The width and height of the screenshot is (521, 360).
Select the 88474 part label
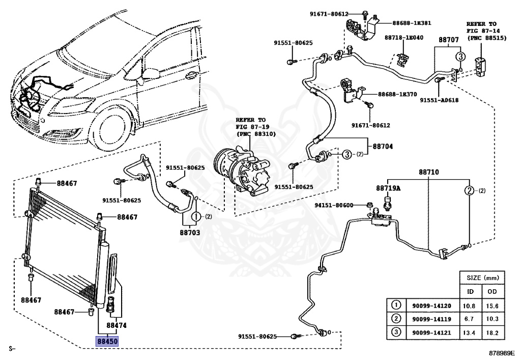pos(117,325)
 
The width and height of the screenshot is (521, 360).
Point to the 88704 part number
pos(383,146)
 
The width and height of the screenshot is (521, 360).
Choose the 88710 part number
pos(429,173)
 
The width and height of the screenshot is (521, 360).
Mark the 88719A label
pos(388,188)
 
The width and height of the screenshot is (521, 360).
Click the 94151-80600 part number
pos(333,205)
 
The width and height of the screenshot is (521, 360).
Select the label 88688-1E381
pos(412,23)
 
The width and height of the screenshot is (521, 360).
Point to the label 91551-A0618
pos(439,100)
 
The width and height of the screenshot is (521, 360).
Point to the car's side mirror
pos(151,74)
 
